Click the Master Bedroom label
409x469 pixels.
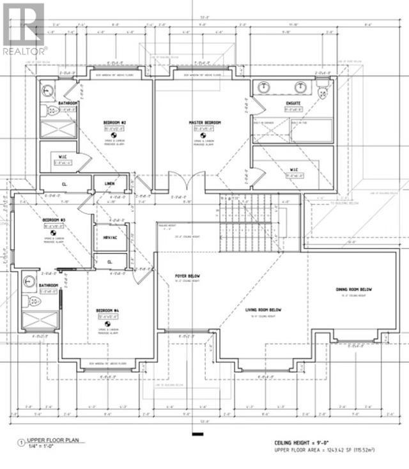point(204,122)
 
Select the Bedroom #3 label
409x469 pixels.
point(54,219)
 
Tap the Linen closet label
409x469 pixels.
point(109,184)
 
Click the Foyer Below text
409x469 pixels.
point(185,277)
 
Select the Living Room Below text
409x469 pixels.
point(263,310)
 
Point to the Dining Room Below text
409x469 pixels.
point(354,289)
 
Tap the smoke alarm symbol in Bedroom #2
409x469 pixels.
point(113,135)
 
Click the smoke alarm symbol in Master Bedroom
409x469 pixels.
point(204,135)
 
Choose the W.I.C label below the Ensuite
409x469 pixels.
point(294,170)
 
